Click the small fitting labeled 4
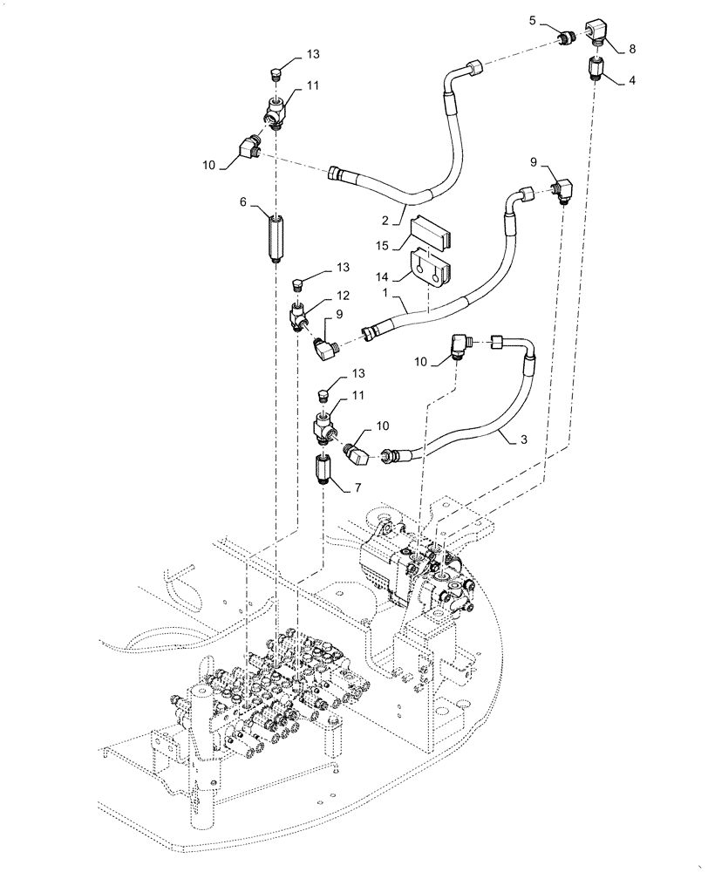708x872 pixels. coord(596,67)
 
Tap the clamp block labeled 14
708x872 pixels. coord(431,268)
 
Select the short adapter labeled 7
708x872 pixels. coord(323,471)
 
